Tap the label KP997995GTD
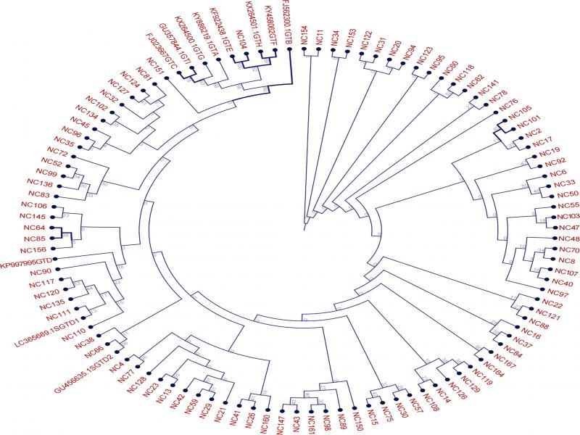25,258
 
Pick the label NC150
357,420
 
